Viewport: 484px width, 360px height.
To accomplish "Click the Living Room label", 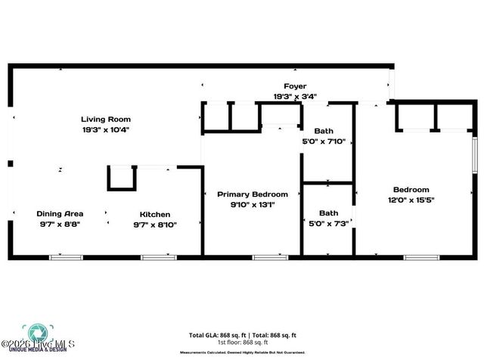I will (106, 119).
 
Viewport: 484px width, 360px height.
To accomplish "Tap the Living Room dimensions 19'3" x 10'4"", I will (106, 129).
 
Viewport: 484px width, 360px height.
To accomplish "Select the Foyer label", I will (295, 86).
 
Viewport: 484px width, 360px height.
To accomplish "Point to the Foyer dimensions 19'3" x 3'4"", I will (295, 96).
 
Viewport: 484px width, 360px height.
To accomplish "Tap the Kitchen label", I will (154, 214).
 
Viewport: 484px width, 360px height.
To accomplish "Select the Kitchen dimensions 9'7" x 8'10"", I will (154, 225).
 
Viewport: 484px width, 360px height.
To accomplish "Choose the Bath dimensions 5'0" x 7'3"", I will (328, 223).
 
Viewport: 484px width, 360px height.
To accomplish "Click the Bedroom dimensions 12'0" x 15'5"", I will (411, 200).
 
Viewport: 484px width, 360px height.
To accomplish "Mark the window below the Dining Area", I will (66, 258).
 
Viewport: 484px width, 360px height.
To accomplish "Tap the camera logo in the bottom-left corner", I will (35, 334).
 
